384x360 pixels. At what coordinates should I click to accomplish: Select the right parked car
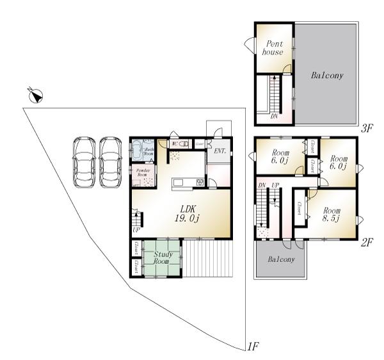tap(110, 162)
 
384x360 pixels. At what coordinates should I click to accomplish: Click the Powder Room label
tap(143, 173)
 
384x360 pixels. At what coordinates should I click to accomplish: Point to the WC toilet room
tap(180, 144)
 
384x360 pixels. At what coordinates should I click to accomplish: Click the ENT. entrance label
tap(220, 151)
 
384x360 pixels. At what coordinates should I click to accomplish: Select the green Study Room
tap(161, 258)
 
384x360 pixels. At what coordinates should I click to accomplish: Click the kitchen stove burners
tap(200, 183)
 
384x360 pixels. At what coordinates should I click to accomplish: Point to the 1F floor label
tap(253, 347)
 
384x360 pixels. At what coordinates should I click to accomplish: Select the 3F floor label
tap(366, 128)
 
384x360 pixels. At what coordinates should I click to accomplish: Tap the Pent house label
tap(273, 47)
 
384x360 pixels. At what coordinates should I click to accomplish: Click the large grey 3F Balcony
tap(326, 76)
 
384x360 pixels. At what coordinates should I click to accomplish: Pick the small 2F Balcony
tap(280, 260)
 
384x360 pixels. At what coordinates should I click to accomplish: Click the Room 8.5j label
tap(332, 215)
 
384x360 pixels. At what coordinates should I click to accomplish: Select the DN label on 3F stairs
tap(274, 117)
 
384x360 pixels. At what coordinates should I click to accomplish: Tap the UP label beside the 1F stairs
tap(136, 230)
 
